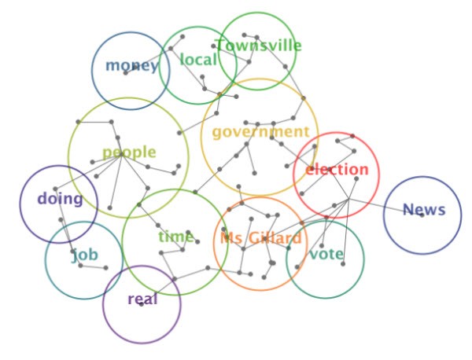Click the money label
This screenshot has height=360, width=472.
(131, 65)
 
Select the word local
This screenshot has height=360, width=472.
(198, 60)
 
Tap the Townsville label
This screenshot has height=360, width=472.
(258, 46)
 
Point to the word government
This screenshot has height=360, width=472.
(260, 132)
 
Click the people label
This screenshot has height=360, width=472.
(129, 152)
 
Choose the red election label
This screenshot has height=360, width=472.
(337, 170)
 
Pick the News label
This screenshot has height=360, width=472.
(424, 211)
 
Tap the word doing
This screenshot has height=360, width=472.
(60, 199)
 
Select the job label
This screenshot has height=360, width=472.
(85, 255)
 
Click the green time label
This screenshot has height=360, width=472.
(175, 237)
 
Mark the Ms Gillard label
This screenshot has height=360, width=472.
(260, 239)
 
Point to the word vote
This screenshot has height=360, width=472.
(326, 255)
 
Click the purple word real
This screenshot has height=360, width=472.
(142, 299)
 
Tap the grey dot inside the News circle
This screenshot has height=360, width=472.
(422, 215)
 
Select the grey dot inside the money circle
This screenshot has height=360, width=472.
(126, 73)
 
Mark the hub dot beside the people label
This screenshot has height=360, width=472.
(120, 156)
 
